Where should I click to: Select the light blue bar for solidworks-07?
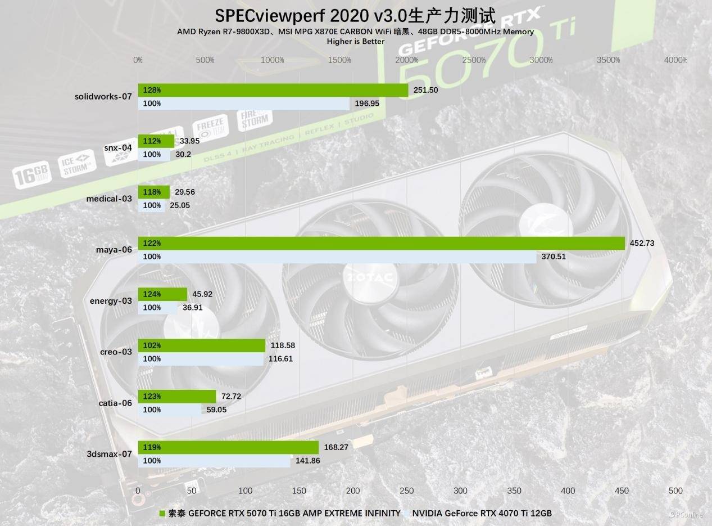click(x=244, y=104)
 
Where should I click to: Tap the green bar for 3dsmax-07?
click(x=228, y=447)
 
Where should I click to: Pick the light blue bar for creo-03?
click(x=201, y=358)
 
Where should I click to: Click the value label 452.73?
click(x=642, y=243)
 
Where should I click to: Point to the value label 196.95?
click(x=368, y=104)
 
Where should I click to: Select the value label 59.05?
click(x=216, y=410)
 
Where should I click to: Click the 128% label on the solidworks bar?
click(x=152, y=90)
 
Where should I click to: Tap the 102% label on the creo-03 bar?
click(x=152, y=345)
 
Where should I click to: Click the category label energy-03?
click(x=111, y=301)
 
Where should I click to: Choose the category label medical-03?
click(x=109, y=199)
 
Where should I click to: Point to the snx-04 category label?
click(x=118, y=147)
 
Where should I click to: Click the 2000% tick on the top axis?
click(x=407, y=60)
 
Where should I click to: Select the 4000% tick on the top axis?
click(x=675, y=60)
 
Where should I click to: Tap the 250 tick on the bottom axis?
click(x=407, y=491)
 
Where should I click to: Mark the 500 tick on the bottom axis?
click(x=675, y=491)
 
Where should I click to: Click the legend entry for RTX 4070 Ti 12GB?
click(x=482, y=513)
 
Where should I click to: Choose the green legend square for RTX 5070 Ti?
click(x=163, y=513)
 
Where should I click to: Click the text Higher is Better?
click(x=356, y=41)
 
